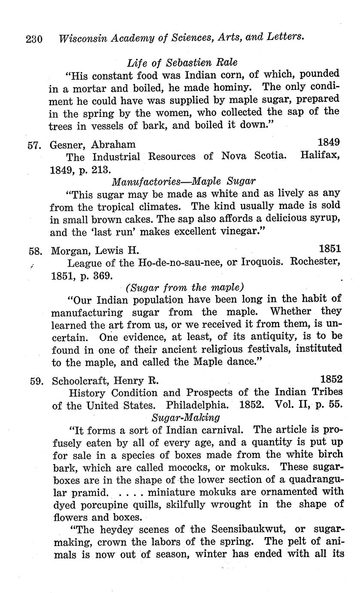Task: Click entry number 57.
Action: [34, 144]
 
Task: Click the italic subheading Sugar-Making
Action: [186, 417]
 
